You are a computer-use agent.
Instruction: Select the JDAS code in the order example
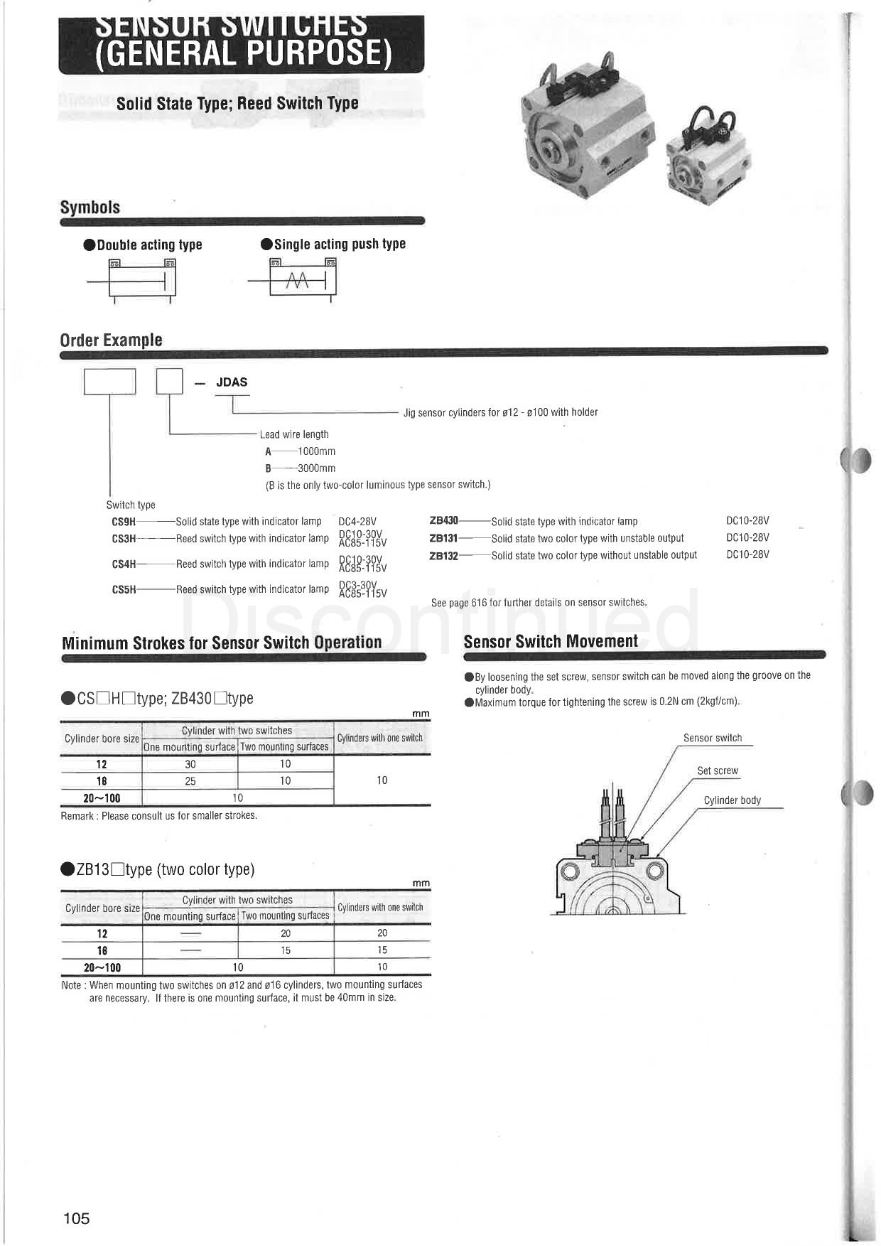click(232, 382)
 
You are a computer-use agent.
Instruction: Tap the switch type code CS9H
click(124, 522)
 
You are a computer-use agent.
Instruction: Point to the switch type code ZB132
click(444, 555)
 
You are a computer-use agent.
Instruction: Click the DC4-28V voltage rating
click(357, 522)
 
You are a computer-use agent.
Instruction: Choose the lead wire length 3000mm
click(316, 468)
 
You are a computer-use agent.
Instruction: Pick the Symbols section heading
click(90, 208)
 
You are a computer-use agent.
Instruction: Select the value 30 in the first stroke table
click(190, 764)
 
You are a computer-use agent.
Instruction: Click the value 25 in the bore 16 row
click(190, 781)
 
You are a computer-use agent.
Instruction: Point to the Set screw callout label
click(718, 770)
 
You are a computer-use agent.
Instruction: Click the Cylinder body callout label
click(732, 800)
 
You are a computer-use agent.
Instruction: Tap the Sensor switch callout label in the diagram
click(713, 738)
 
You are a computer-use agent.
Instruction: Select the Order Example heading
click(111, 340)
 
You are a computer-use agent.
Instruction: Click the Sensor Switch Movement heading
click(551, 641)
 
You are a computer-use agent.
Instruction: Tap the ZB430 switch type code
click(444, 521)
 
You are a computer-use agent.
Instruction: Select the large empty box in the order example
click(110, 382)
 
